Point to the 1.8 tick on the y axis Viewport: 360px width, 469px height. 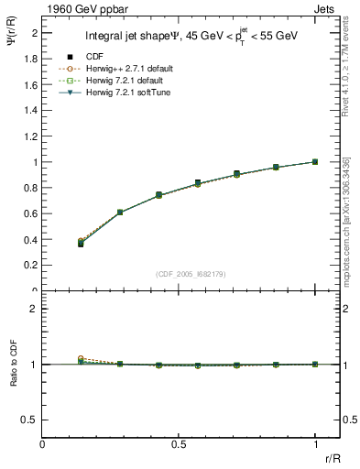tap(33, 58)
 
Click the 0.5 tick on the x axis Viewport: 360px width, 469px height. tap(179, 444)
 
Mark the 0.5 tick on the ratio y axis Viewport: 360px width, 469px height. tap(32, 420)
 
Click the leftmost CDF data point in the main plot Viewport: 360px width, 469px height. tap(81, 244)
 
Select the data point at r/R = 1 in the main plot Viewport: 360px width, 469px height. tap(315, 161)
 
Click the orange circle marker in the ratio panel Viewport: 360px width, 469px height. tap(81, 358)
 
